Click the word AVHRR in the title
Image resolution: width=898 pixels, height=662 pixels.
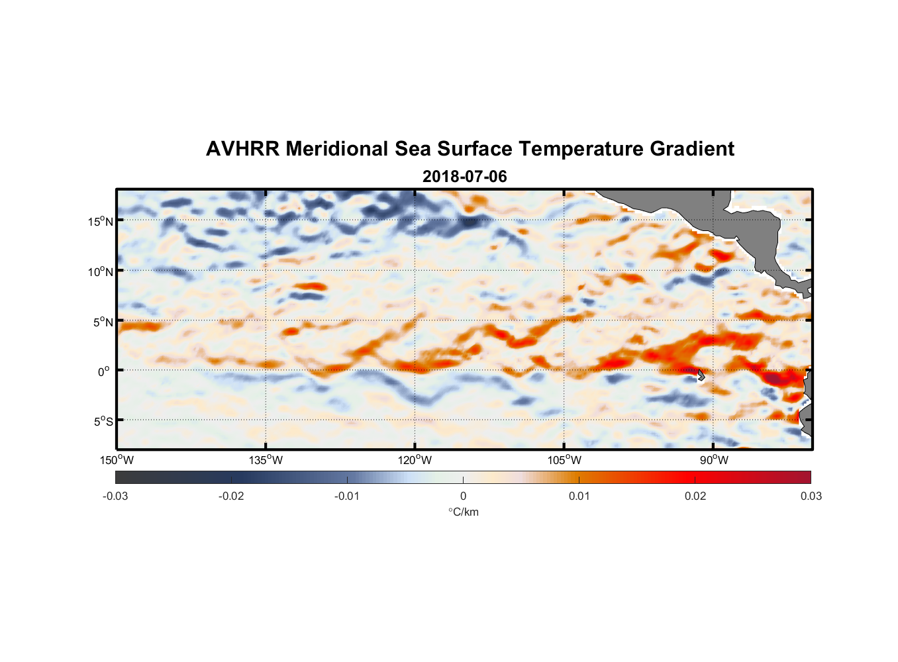[242, 149]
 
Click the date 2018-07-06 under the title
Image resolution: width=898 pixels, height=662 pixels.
[464, 177]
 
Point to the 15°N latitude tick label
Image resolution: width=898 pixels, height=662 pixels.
[101, 221]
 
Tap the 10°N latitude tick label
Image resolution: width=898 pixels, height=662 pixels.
[101, 271]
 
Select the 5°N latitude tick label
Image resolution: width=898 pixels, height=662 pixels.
[103, 322]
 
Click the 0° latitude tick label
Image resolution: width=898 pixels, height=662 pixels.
[104, 372]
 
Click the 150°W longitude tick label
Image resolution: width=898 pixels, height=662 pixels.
[117, 460]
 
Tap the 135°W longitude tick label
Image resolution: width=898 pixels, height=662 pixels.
[266, 460]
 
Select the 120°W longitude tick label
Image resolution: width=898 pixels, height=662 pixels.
[415, 460]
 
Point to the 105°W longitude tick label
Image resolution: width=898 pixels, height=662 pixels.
[564, 460]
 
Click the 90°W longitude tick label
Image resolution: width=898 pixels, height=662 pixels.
[714, 460]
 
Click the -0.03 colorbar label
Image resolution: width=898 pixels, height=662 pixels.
[115, 496]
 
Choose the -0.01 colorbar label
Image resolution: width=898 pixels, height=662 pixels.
[346, 496]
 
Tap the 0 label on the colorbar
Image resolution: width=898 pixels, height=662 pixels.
[463, 496]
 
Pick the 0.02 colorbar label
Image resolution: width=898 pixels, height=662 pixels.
[695, 496]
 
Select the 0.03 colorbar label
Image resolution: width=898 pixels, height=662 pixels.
[811, 496]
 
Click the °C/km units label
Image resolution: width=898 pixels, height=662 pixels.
[463, 512]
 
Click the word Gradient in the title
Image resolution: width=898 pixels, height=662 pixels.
[691, 149]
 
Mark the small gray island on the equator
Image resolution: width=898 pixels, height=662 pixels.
[701, 375]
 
